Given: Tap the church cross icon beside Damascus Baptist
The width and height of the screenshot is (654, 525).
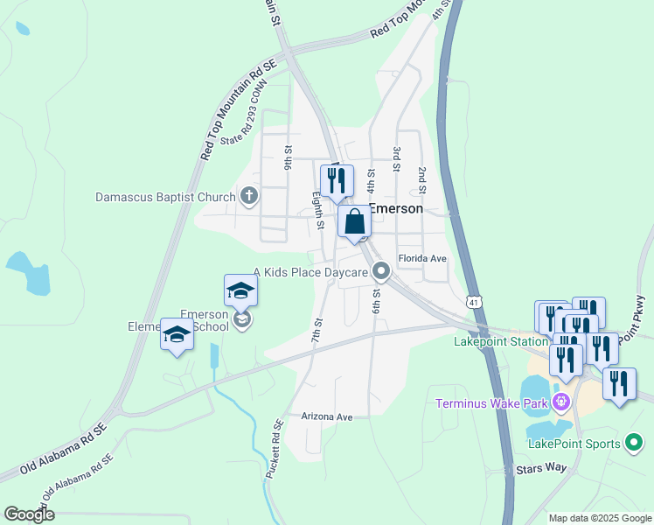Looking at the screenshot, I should pyautogui.click(x=249, y=196).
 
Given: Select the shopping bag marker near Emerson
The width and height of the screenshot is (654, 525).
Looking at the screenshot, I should pyautogui.click(x=355, y=222).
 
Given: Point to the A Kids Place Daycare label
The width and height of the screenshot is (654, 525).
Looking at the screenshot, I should pyautogui.click(x=310, y=273).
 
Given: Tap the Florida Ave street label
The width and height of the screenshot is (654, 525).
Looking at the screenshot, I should pyautogui.click(x=422, y=259).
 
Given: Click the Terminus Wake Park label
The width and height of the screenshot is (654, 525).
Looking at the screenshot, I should pyautogui.click(x=491, y=402).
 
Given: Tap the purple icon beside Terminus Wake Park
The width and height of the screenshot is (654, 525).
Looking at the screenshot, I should pyautogui.click(x=560, y=402).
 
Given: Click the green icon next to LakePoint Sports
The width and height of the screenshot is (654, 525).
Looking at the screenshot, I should pyautogui.click(x=636, y=444).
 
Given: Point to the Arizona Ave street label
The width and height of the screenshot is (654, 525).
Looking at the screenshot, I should pyautogui.click(x=327, y=417).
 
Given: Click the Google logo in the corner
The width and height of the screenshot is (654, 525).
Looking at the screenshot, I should pyautogui.click(x=29, y=514).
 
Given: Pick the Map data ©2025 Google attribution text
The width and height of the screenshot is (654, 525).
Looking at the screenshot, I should pyautogui.click(x=600, y=518).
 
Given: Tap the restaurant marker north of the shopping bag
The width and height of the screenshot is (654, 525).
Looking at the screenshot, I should pyautogui.click(x=337, y=181).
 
